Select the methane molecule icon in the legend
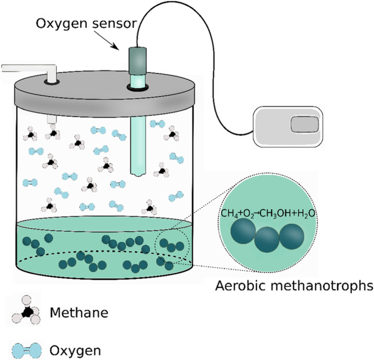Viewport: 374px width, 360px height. click(26, 313)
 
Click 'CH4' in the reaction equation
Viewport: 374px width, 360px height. click(230, 214)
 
